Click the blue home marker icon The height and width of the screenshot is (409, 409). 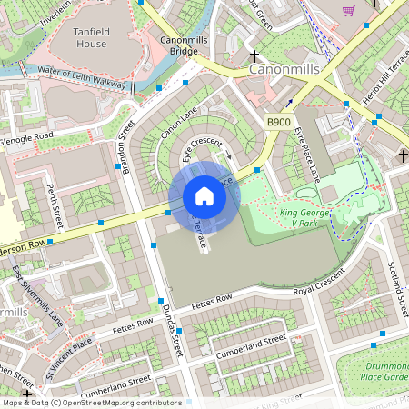point(204,196)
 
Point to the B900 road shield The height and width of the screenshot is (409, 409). point(279,122)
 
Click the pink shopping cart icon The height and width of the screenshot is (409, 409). point(348,10)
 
